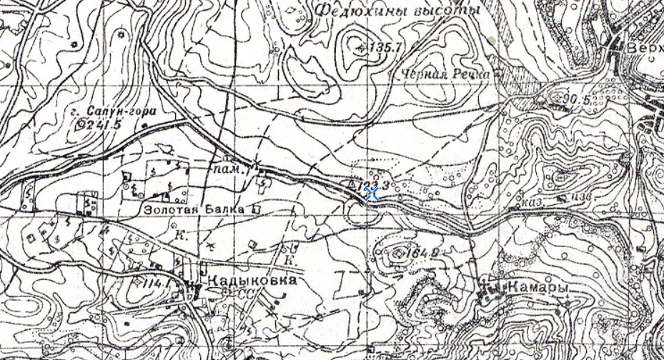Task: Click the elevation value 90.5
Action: pos(577,99)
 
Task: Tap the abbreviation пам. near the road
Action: pos(229,171)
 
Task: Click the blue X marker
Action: pos(372,194)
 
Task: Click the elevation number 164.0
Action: pos(420,253)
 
